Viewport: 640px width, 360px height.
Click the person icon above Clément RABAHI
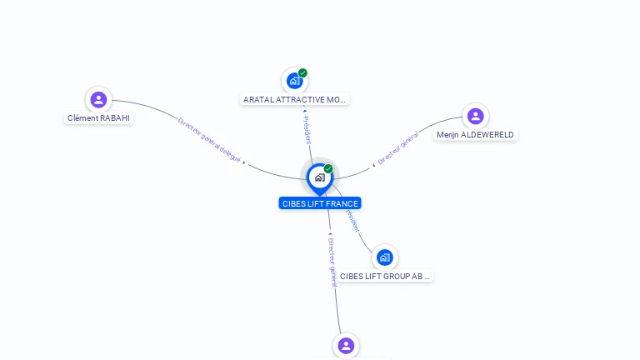click(x=99, y=100)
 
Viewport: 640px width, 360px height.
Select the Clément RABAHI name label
click(x=99, y=118)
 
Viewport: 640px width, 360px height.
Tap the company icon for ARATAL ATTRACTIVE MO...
click(x=294, y=81)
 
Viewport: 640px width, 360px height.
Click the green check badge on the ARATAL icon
click(x=303, y=73)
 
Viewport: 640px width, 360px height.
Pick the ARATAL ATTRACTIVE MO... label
click(x=294, y=100)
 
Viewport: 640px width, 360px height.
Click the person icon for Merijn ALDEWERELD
click(x=475, y=116)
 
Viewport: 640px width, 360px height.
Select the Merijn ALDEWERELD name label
click(x=475, y=135)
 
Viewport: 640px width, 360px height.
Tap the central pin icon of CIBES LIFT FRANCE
click(x=319, y=177)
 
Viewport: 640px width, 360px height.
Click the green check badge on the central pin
click(x=328, y=169)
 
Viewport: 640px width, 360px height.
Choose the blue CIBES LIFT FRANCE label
click(x=320, y=203)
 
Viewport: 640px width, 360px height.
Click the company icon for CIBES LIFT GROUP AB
click(x=384, y=257)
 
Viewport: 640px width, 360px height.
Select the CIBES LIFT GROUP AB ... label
click(x=386, y=276)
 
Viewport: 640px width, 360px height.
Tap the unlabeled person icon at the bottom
click(x=346, y=345)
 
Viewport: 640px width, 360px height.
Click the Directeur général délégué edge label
click(x=209, y=139)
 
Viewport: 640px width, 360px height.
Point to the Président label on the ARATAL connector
click(x=307, y=129)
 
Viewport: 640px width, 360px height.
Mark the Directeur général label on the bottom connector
click(x=332, y=257)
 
